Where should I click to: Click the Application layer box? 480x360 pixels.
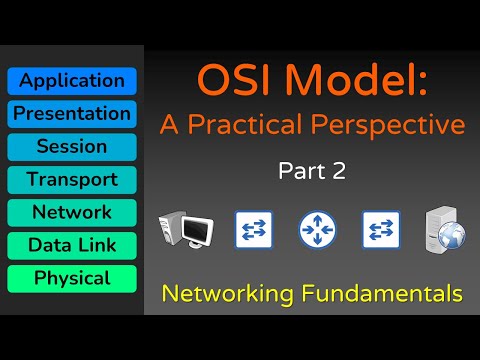[x=72, y=81]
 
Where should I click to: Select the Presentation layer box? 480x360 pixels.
[x=72, y=114]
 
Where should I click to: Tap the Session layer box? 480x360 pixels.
[x=72, y=147]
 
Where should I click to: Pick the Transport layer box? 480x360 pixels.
[x=72, y=180]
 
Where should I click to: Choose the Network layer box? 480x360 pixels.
[x=72, y=213]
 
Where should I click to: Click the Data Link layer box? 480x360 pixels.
[x=72, y=246]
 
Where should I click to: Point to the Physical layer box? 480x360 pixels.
[x=72, y=279]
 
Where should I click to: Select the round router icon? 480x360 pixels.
[x=316, y=230]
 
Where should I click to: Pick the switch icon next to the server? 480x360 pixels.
[x=381, y=230]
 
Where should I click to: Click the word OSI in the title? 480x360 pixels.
[x=231, y=81]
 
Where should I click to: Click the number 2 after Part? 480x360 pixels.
[x=340, y=172]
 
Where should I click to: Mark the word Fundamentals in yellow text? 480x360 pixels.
[x=383, y=294]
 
